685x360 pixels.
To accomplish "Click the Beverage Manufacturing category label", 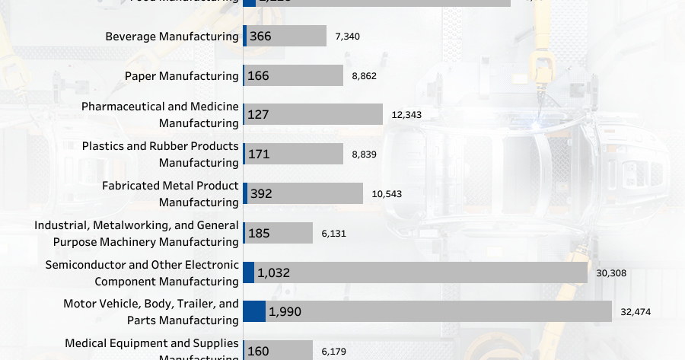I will (171, 37).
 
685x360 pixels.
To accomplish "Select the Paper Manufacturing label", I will (181, 76).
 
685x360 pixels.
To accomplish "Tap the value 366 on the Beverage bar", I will (260, 37).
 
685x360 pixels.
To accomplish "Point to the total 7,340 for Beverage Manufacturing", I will (347, 37).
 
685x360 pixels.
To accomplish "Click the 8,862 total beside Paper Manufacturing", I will (364, 76).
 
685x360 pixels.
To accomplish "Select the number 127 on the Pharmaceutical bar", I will (259, 115).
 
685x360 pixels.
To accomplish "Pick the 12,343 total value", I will (406, 115).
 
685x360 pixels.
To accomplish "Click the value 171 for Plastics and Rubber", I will (259, 155).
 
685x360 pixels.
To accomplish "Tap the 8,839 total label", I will (364, 155).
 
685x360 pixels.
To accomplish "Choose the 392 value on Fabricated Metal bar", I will (260, 194).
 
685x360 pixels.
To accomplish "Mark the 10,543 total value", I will (387, 194).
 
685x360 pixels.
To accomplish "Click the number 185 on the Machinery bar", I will (259, 233).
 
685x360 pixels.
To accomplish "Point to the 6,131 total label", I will (334, 234).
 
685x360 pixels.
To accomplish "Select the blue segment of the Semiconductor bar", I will (248, 272).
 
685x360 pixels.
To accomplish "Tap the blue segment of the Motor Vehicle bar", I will (254, 311).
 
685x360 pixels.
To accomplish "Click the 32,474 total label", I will (636, 312).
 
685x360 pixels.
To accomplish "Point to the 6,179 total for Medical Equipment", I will (334, 351).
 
